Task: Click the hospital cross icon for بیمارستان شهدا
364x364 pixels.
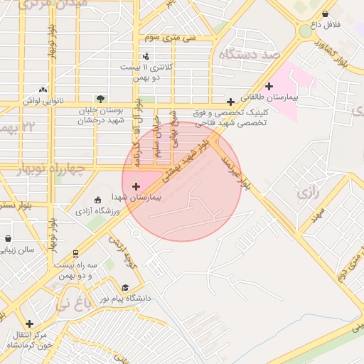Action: (x=136, y=186)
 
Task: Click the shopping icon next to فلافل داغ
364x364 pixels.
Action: (x=326, y=14)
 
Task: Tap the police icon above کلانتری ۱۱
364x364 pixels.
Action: (x=146, y=55)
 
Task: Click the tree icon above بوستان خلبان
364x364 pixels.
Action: (x=100, y=99)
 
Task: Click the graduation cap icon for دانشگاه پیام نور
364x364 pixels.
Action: (x=126, y=287)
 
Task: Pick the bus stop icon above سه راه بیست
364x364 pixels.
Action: (x=75, y=253)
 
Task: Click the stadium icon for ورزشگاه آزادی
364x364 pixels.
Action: (x=98, y=200)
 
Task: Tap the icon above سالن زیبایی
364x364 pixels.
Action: (x=8, y=239)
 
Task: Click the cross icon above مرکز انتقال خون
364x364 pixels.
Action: (x=29, y=323)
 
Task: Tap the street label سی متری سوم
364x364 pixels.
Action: (x=163, y=36)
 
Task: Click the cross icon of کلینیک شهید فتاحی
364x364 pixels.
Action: (x=230, y=102)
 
